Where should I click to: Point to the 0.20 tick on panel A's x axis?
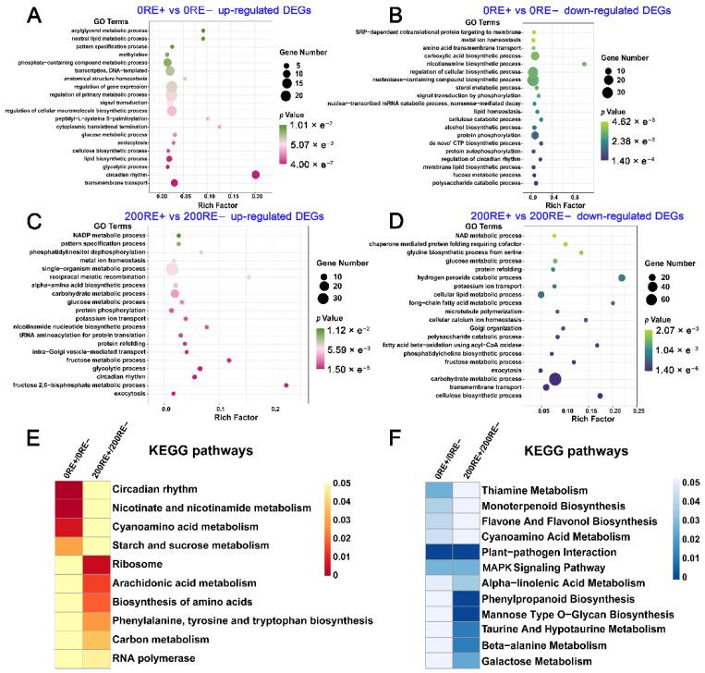coord(256,196)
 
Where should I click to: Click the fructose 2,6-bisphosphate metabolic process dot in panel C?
coord(287,385)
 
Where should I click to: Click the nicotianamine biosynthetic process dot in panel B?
coord(585,64)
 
